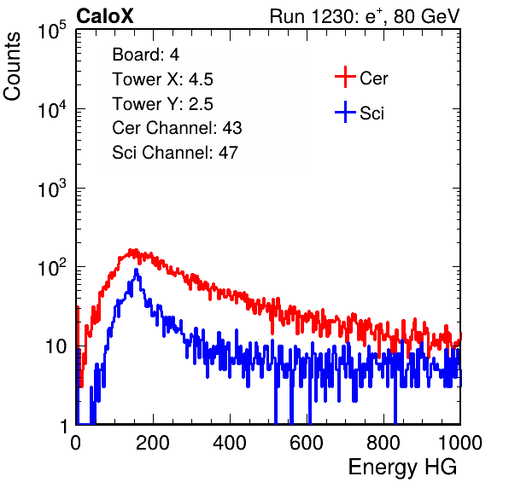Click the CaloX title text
point(105,16)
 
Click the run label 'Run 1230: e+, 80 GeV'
point(365,16)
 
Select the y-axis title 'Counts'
point(12,67)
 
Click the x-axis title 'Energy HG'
point(402,467)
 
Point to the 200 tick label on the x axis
point(153,443)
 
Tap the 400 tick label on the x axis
point(230,443)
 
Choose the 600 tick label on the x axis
point(307,443)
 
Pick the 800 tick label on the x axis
point(383,443)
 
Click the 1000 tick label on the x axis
point(460,443)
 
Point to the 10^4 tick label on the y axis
point(52,109)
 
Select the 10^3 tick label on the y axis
point(52,189)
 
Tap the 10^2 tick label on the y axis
point(52,268)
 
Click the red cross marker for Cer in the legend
point(345,77)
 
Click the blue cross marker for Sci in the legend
point(345,112)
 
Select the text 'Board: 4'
point(146,55)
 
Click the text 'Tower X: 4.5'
point(162,79)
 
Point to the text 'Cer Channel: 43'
point(177,128)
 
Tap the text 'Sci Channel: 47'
point(175,153)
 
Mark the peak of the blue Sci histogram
point(137,270)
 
